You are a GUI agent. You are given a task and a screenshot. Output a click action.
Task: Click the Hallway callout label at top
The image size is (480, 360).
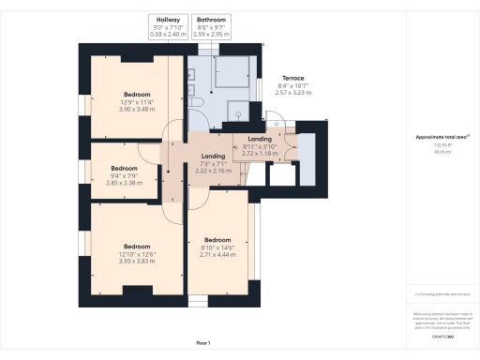point(170,19)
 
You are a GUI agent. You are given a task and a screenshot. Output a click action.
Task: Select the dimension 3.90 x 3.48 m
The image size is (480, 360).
point(137,110)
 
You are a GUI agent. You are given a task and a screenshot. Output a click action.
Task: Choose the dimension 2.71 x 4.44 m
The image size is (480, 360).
point(217,254)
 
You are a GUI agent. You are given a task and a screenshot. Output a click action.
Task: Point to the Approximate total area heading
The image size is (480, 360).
point(442,137)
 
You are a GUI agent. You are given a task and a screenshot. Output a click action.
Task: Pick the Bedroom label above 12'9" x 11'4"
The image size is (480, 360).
point(137,95)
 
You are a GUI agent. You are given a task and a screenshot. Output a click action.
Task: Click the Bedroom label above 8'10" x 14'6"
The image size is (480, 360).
point(217,238)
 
